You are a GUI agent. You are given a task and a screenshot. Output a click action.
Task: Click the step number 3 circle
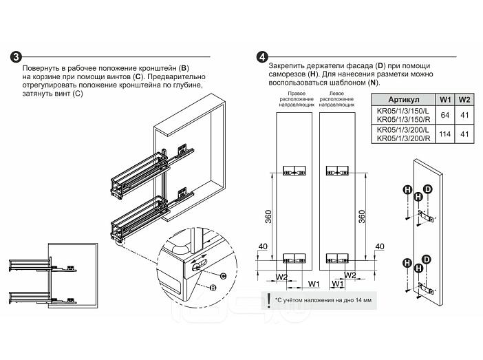(17, 57)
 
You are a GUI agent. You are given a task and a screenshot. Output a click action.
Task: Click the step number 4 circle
(262, 57)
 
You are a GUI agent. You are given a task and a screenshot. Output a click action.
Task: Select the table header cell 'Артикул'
(403, 100)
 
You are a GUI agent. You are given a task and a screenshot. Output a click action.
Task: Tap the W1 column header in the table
(445, 100)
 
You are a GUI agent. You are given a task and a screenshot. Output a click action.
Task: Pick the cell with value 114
(445, 134)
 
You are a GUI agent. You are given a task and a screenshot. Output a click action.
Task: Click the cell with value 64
(445, 115)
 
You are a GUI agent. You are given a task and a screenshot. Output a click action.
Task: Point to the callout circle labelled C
(224, 276)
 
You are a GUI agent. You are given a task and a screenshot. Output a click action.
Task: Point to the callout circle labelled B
(213, 288)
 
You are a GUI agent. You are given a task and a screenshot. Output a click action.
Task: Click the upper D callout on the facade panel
(428, 189)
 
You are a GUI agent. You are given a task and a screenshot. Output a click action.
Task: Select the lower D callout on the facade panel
(427, 260)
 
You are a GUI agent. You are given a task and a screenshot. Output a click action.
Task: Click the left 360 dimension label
(268, 216)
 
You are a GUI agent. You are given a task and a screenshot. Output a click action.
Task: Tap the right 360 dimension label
(362, 216)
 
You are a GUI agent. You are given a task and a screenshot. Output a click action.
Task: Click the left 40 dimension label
(263, 246)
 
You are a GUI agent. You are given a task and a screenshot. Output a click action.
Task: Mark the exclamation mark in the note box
(269, 300)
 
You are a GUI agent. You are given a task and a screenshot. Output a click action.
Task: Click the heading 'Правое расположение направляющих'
(297, 99)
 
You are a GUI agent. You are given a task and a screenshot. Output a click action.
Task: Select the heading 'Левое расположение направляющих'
(336, 99)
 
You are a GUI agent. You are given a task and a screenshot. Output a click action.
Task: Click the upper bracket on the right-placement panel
(294, 171)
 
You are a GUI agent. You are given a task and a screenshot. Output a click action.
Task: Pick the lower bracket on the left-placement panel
(337, 258)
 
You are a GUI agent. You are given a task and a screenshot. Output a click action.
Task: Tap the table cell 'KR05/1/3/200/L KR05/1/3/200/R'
(403, 134)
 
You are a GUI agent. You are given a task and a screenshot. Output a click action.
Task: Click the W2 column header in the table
(464, 100)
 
